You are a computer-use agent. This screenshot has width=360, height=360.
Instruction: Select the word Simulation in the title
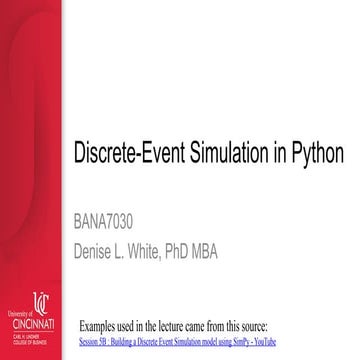[x=230, y=156]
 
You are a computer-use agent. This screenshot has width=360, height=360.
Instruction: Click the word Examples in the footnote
[x=101, y=326]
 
